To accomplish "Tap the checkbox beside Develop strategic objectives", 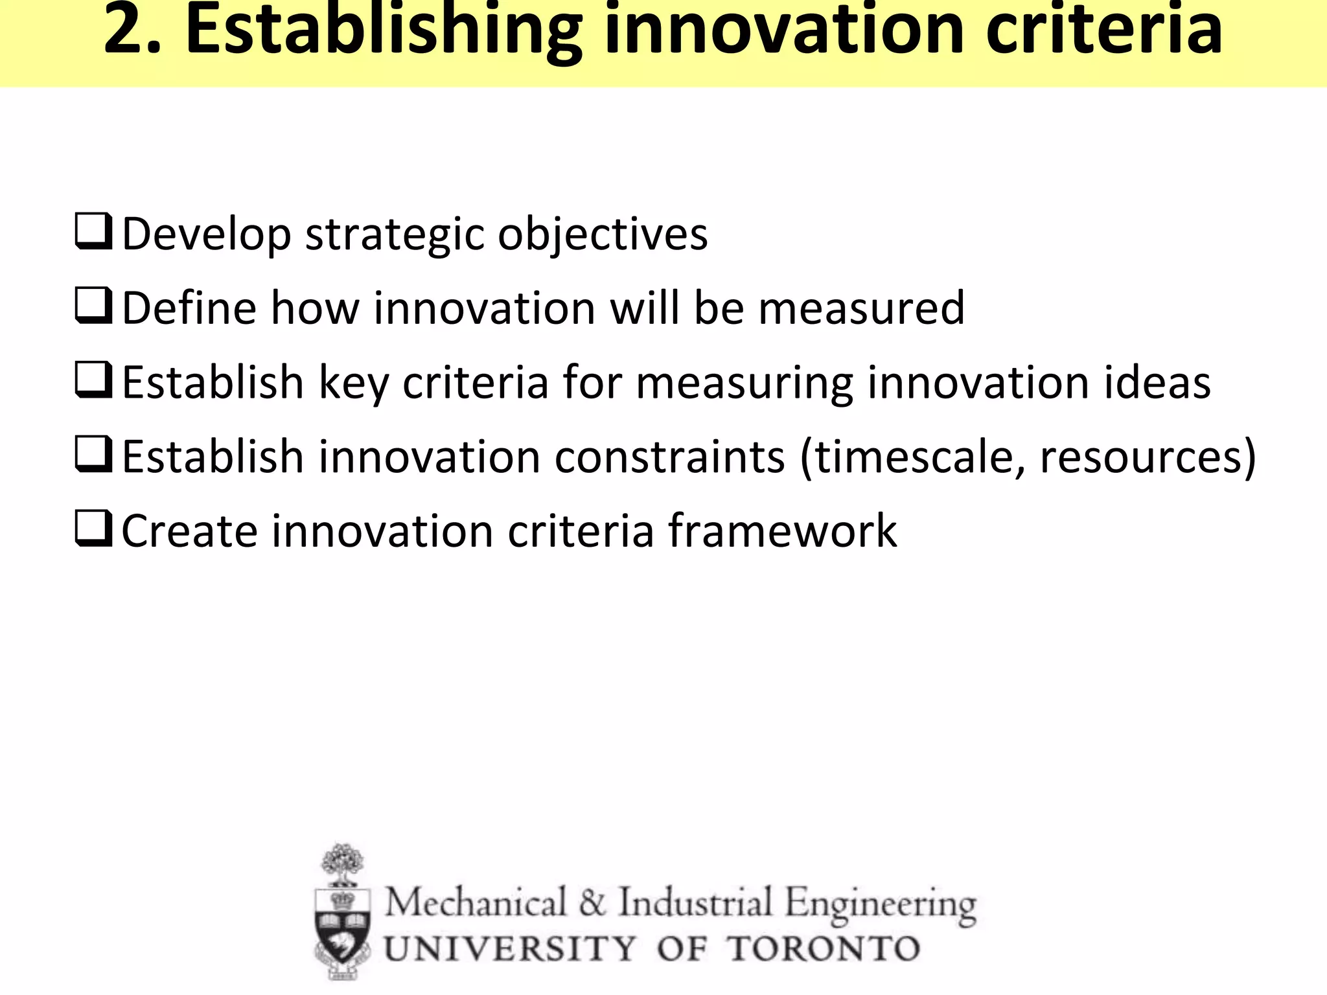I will click(x=93, y=232).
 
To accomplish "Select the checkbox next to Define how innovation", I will click(x=93, y=306).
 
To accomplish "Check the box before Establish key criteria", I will click(x=93, y=380).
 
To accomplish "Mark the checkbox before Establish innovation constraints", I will click(x=93, y=455).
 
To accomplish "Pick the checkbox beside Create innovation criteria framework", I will click(x=93, y=529).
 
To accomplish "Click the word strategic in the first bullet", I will click(x=394, y=234).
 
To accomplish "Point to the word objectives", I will click(x=603, y=234).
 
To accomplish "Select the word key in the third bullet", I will click(x=354, y=383).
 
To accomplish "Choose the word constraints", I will click(x=670, y=457).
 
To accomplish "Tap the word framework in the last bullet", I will click(x=782, y=531).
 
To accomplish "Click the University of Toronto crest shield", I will click(x=342, y=926).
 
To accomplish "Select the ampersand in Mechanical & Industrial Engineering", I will click(x=592, y=903).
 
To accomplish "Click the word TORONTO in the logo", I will click(x=824, y=949).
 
